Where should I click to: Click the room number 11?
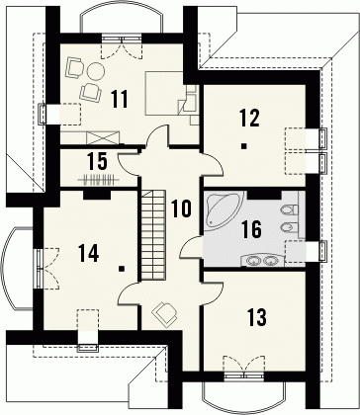click(x=120, y=99)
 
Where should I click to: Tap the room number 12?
click(x=250, y=118)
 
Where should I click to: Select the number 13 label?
click(x=257, y=316)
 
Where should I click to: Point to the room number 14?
click(x=89, y=253)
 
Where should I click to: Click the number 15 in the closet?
click(x=97, y=161)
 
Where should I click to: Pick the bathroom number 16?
click(x=252, y=229)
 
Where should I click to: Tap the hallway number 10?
click(x=181, y=208)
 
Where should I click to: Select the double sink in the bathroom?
click(x=262, y=261)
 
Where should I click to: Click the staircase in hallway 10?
click(x=153, y=235)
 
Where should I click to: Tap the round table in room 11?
click(x=96, y=70)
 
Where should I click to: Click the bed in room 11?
click(x=165, y=93)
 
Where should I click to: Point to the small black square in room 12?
click(x=243, y=146)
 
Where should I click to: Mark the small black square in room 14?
click(x=122, y=269)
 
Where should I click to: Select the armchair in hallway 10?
click(x=165, y=312)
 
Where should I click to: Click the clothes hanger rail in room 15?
click(x=99, y=180)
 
